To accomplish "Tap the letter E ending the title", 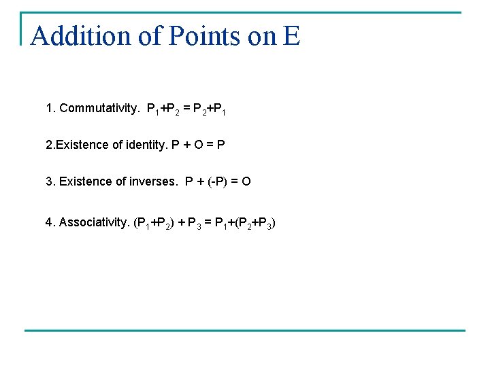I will pos(291,36).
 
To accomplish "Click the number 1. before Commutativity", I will pos(50,108).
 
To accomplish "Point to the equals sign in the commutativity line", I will pos(186,108).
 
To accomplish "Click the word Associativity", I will pos(95,222).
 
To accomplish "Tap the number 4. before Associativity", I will pos(50,222).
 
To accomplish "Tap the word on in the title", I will pos(262,36).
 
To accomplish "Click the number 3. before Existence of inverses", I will pos(50,181).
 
